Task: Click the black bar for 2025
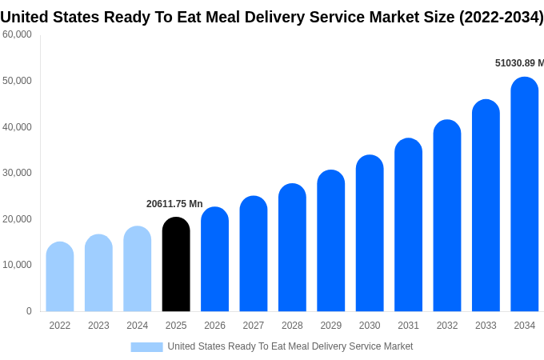[176, 265]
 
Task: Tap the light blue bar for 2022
[60, 277]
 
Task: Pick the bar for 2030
[370, 234]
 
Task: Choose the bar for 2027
[254, 254]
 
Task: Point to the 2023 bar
[98, 273]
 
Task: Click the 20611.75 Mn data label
[174, 204]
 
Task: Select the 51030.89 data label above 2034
[518, 63]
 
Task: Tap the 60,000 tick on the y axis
[17, 34]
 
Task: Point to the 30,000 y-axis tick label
[17, 173]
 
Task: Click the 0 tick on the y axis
[29, 311]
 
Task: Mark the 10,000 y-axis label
[17, 265]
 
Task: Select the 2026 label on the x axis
[214, 326]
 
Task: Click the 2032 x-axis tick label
[447, 326]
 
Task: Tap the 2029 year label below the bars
[330, 326]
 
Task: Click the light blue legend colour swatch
[146, 346]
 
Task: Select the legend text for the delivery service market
[290, 346]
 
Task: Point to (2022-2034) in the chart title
[501, 17]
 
